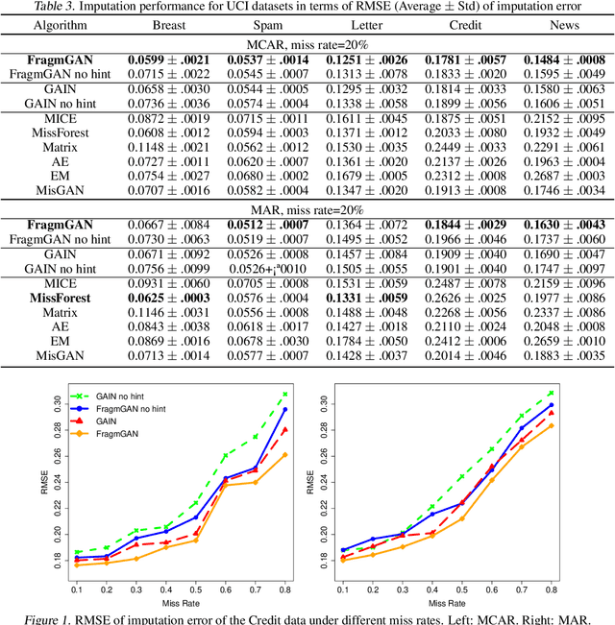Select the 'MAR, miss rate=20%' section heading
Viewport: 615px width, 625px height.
(307, 209)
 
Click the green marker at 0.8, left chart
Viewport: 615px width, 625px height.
(285, 394)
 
